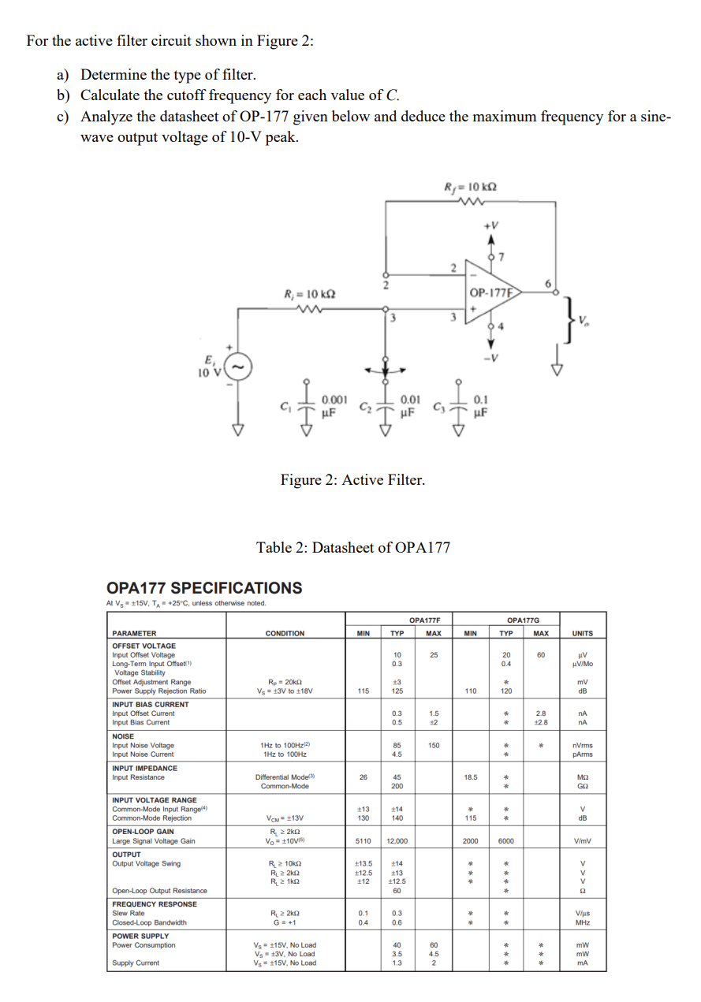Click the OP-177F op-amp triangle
coord(489,295)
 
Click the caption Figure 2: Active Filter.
coord(352,479)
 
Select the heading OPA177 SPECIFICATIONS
coord(203,588)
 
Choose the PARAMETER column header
coord(134,633)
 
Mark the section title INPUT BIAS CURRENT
coord(151,704)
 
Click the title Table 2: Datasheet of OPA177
coord(353,547)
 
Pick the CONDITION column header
coord(285,633)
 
